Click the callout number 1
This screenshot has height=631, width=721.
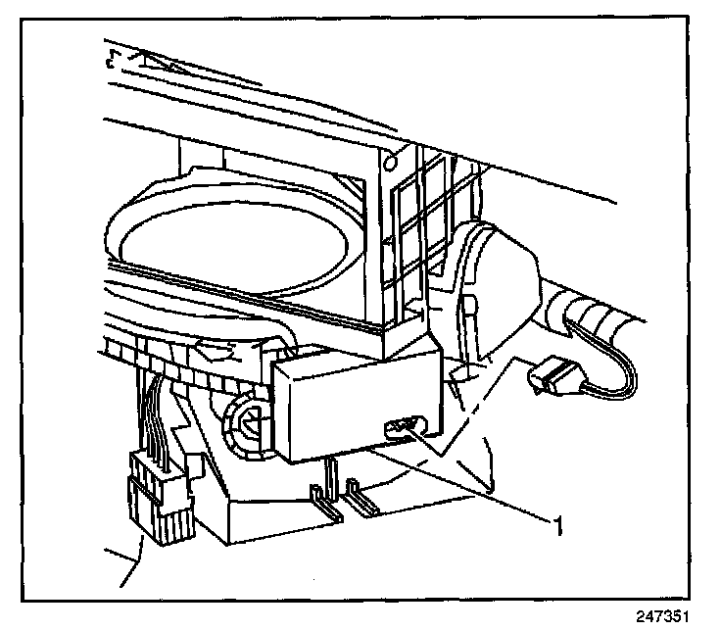point(558,528)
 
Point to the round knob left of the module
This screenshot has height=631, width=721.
point(248,424)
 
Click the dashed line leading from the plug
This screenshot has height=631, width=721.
point(480,412)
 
